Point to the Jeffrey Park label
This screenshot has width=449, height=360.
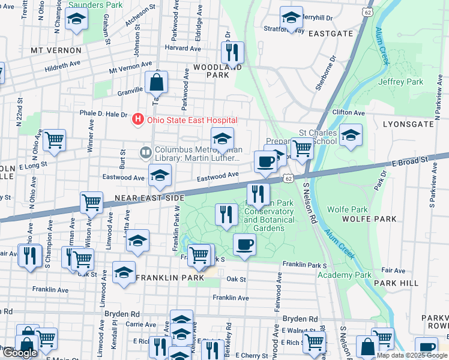click(400, 82)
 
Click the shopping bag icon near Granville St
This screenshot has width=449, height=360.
click(156, 82)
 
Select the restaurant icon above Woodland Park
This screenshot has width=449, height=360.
click(231, 52)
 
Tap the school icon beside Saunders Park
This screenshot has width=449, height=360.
click(77, 20)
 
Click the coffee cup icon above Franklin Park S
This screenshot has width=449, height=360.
click(244, 245)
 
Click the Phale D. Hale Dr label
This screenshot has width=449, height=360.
click(104, 114)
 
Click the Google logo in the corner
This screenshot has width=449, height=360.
click(20, 353)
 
